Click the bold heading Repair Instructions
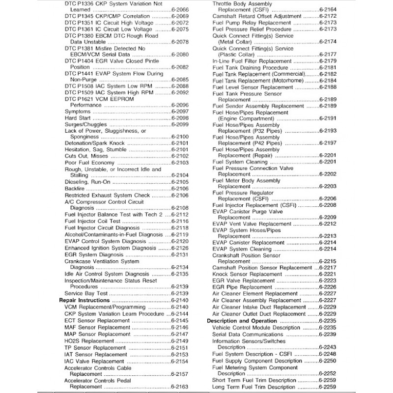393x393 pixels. point(84,300)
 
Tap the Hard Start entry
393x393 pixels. point(78,118)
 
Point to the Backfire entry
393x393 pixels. point(75,188)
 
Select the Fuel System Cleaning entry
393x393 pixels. point(240,162)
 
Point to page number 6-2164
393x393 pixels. point(327,9)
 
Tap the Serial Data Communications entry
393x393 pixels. point(248,334)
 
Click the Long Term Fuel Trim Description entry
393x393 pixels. point(254,387)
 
